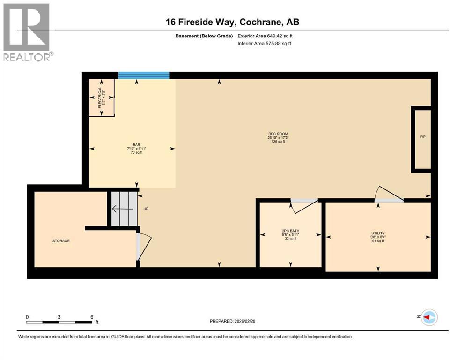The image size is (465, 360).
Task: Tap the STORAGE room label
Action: pyautogui.click(x=61, y=241)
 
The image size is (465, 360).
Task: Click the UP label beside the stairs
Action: pyautogui.click(x=146, y=209)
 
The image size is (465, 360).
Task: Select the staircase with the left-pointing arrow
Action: pyautogui.click(x=124, y=209)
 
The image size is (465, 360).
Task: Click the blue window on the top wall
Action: pyautogui.click(x=143, y=75)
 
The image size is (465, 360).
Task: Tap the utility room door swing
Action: pyautogui.click(x=389, y=195)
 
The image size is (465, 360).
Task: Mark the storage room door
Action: pyautogui.click(x=144, y=246)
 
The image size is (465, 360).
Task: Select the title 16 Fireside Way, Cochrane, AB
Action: pyautogui.click(x=232, y=22)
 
